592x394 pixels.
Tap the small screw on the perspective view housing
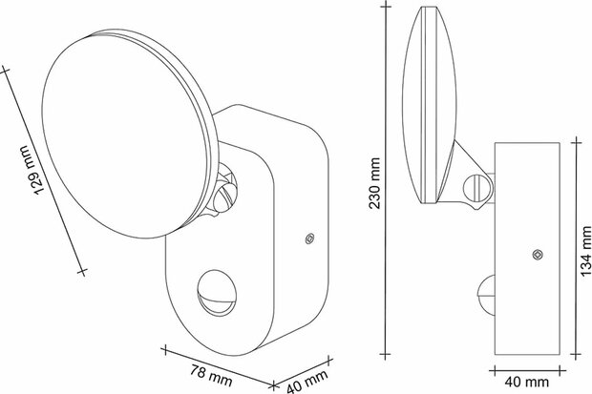click(x=307, y=239)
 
